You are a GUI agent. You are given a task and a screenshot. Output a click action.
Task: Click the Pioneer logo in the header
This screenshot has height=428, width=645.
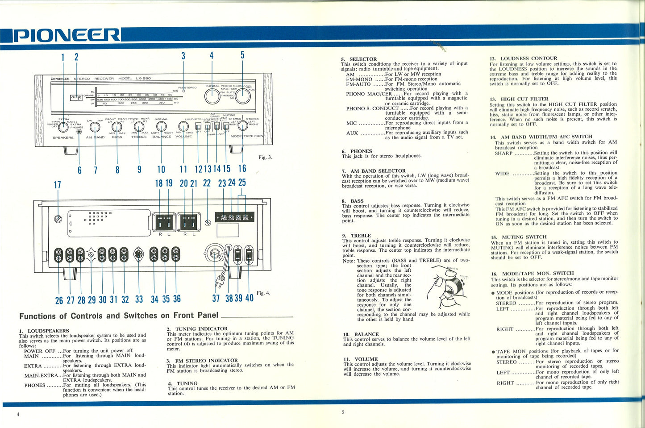66,35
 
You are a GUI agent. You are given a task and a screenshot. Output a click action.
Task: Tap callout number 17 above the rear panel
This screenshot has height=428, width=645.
58,185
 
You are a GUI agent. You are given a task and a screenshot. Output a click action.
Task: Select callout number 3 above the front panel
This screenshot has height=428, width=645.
183,56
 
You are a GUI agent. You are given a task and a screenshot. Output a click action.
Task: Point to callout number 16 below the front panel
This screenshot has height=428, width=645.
242,168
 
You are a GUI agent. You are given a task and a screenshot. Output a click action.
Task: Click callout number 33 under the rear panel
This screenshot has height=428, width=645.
139,299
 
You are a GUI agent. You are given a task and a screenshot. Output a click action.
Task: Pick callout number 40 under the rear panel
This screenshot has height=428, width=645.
249,298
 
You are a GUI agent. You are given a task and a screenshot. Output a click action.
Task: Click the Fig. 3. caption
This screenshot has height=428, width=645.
265,157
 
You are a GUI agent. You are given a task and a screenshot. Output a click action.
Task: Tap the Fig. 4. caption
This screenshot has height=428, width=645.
263,293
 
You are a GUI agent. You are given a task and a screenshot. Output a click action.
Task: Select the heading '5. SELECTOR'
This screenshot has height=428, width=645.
359,59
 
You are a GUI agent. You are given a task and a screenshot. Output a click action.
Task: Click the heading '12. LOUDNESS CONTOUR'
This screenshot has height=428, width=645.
523,58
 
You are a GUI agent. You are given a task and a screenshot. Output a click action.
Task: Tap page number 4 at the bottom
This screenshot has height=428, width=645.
18,415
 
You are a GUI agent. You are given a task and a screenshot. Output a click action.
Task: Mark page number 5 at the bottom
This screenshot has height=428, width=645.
343,412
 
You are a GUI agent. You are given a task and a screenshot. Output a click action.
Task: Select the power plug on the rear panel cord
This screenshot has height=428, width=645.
219,281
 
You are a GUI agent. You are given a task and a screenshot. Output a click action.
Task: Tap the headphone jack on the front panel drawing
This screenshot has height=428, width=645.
79,132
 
